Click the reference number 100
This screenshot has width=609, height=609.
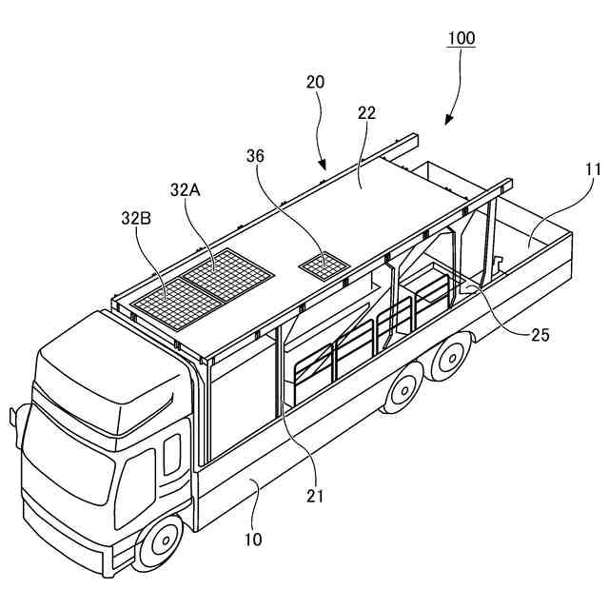click(462, 39)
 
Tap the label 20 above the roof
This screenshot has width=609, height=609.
click(315, 82)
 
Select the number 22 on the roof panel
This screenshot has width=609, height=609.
click(366, 112)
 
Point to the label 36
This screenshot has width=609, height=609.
click(256, 155)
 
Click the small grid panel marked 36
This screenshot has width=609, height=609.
click(324, 265)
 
